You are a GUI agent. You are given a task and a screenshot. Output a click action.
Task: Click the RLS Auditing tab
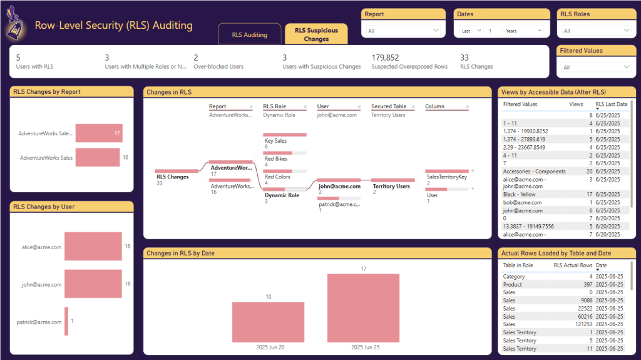coord(249,34)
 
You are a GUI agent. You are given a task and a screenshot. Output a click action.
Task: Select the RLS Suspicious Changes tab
coord(316,34)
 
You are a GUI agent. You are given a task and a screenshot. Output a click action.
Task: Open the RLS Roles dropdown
coord(596,30)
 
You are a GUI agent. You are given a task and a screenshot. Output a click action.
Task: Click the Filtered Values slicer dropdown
coord(596,67)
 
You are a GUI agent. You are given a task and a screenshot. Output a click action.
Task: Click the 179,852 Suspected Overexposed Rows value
coord(385,58)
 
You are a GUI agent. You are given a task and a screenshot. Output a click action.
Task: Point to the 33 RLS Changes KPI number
coord(464,58)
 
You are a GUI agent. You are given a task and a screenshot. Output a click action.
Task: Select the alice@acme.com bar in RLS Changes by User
coord(93,247)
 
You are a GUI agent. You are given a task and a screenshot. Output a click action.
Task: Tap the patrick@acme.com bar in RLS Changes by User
coord(66,321)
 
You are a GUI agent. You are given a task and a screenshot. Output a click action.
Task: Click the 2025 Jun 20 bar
coord(268,322)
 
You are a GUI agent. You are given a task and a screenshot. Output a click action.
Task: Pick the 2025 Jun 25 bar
coord(363,308)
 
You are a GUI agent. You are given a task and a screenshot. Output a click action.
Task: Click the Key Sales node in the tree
coord(275,141)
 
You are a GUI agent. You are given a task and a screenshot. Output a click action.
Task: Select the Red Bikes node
coord(276,159)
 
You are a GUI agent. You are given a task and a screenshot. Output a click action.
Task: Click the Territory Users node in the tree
coord(391,186)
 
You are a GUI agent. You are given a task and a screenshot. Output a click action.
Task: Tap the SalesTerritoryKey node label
coord(446,177)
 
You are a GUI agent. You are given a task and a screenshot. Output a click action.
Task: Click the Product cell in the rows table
coord(513,284)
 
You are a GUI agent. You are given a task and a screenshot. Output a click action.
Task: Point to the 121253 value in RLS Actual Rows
coord(582,324)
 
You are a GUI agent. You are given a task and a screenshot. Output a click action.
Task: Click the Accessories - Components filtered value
coord(534,171)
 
